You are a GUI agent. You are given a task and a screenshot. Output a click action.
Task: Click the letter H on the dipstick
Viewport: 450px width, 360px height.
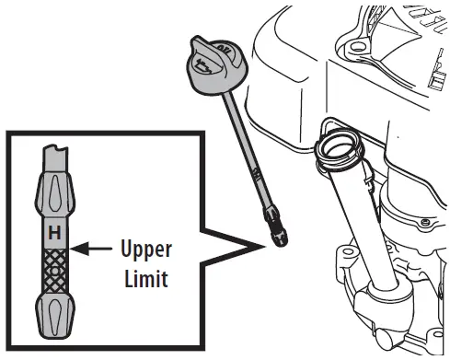coord(53,234)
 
